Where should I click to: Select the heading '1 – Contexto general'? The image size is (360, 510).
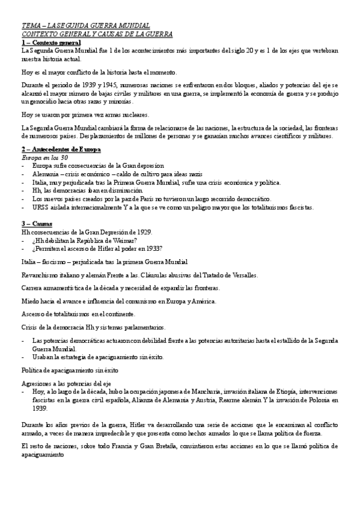pos(51,43)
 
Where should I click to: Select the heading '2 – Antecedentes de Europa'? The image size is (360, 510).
pos(61,149)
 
